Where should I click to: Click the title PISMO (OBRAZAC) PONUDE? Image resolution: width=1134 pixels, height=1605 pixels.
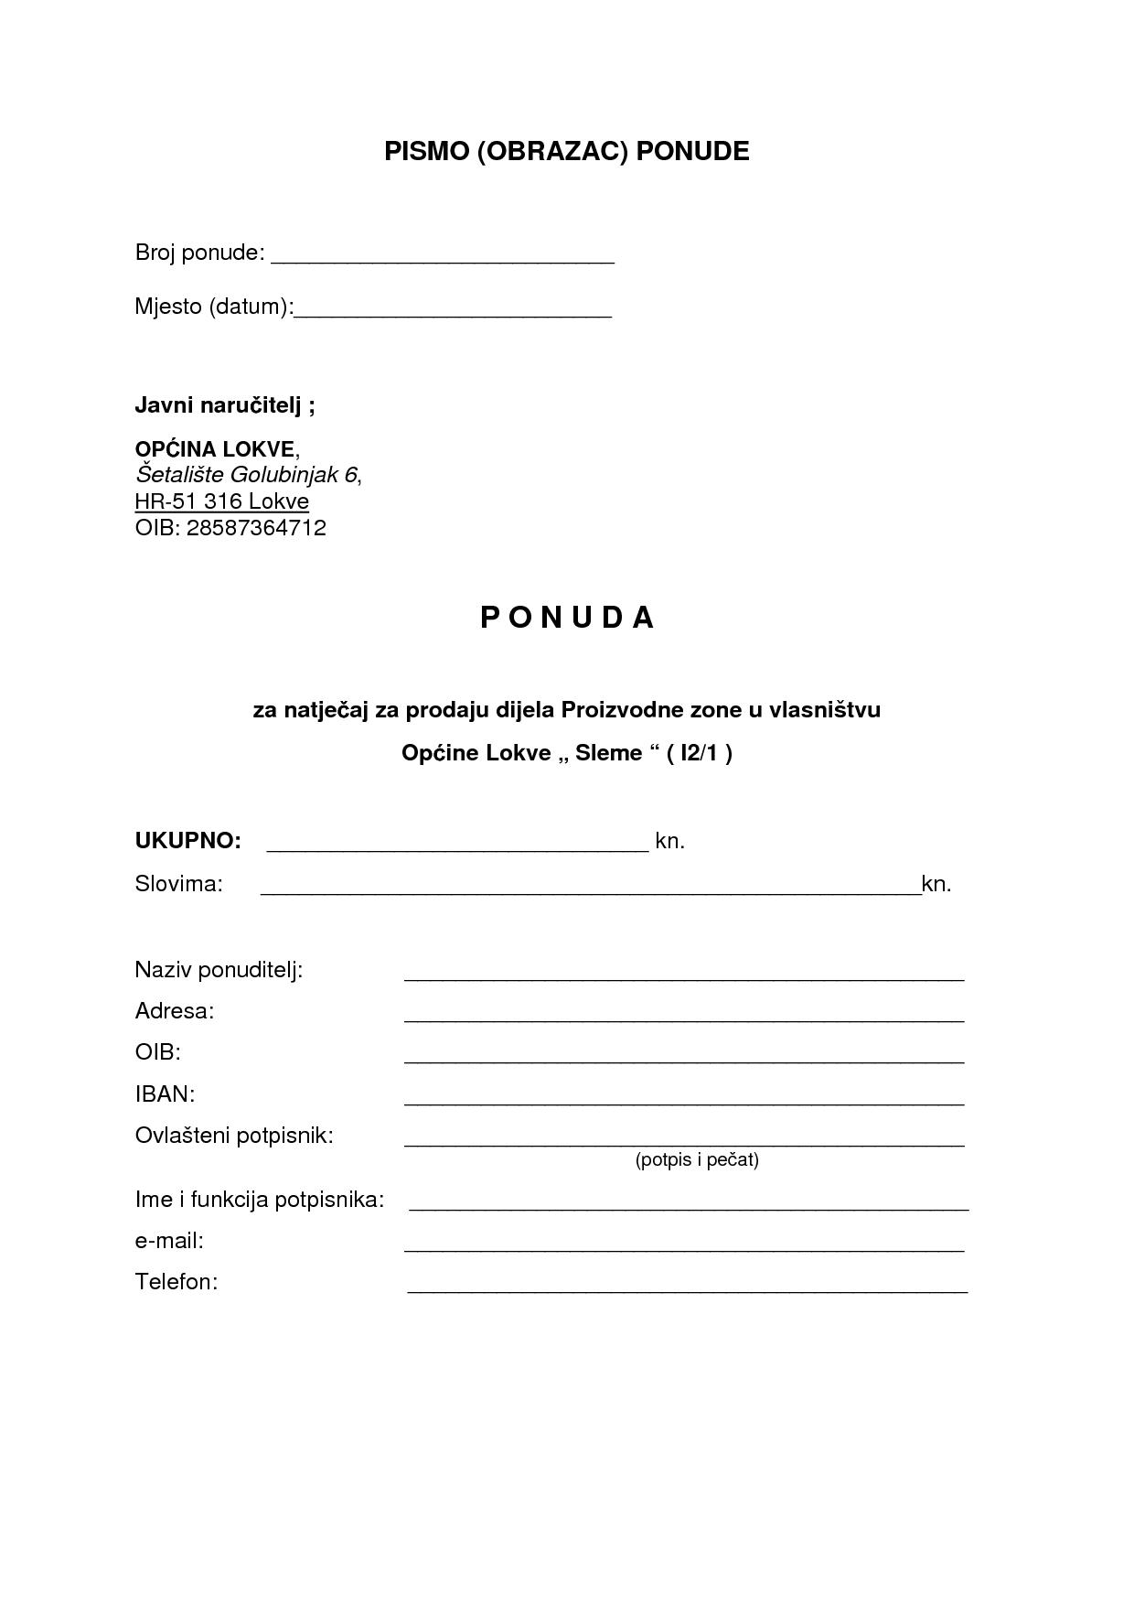tap(566, 151)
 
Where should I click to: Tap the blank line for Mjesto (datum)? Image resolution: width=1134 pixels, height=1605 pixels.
tap(453, 314)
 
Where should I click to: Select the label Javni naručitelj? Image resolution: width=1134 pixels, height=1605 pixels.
tap(224, 404)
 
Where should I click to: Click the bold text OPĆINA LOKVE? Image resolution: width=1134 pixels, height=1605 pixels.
tap(215, 448)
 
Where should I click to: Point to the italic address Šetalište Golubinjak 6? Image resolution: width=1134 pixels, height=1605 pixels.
tap(246, 475)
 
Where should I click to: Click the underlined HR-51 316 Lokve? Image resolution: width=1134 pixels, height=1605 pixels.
tap(221, 501)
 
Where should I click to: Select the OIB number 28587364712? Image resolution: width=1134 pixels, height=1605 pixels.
tap(256, 528)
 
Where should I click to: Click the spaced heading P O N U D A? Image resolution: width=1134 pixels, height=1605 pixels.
tap(567, 618)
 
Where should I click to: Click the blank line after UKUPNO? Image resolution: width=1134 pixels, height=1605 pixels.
tap(457, 848)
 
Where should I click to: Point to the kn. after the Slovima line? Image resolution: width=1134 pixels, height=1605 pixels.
tap(936, 884)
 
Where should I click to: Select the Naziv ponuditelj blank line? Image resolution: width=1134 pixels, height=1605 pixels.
tap(684, 976)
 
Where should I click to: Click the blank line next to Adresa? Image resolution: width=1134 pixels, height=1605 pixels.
tap(684, 1018)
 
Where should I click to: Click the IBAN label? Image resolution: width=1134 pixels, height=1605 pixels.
tap(165, 1093)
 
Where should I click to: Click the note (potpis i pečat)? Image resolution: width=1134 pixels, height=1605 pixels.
tap(697, 1160)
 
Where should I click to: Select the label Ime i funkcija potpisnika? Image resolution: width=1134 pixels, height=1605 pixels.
tap(259, 1199)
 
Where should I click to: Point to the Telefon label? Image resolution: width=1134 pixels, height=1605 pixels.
tap(176, 1281)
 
